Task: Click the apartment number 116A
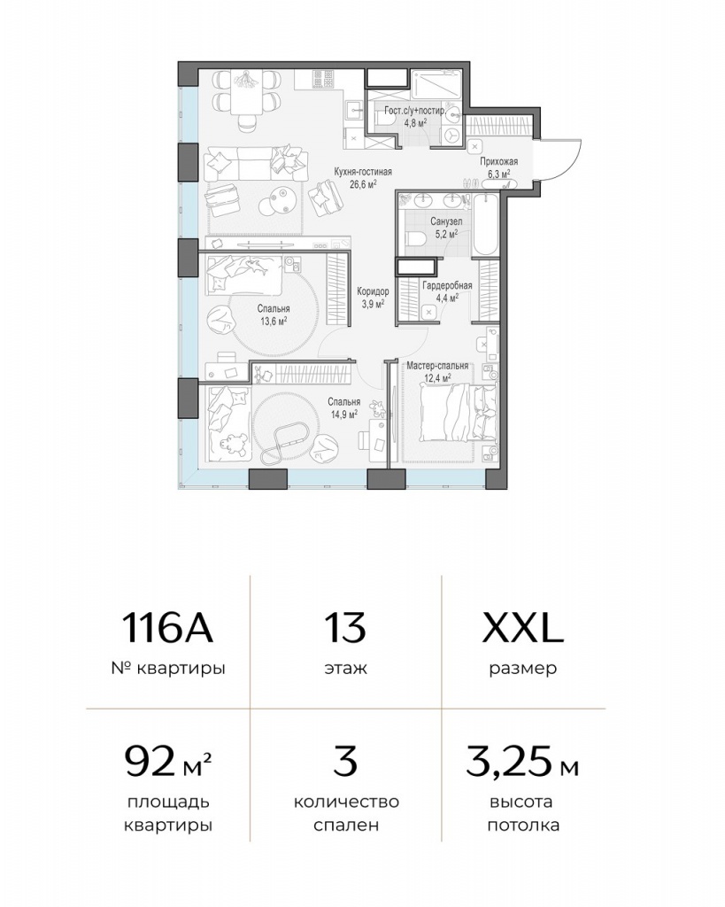(x=167, y=629)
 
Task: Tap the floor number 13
(x=345, y=629)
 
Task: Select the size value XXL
(x=522, y=629)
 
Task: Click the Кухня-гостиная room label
(x=363, y=172)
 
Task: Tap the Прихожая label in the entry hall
(x=499, y=162)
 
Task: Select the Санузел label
(x=446, y=221)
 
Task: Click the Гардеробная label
(x=447, y=286)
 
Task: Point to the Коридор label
(x=373, y=291)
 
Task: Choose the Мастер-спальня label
(x=437, y=366)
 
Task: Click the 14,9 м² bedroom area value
(x=344, y=414)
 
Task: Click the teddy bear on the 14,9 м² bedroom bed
(x=234, y=445)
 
